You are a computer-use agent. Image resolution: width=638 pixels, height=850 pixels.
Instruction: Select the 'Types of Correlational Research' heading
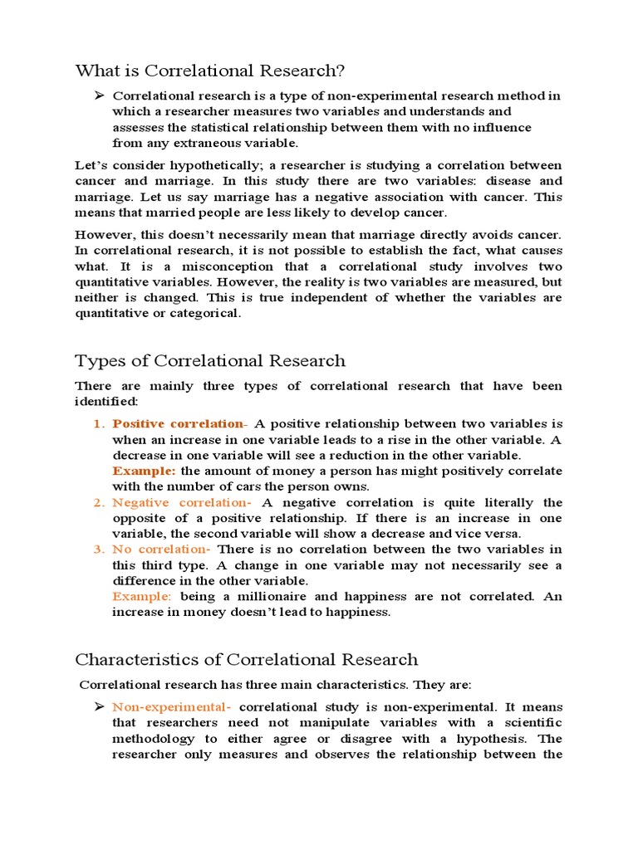tap(210, 360)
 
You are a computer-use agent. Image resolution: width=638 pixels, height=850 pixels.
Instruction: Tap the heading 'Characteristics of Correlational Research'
tap(247, 660)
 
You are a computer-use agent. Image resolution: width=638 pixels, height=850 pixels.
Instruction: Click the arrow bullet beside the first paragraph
tap(98, 95)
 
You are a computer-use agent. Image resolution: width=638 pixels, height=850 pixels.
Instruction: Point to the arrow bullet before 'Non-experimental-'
tap(98, 706)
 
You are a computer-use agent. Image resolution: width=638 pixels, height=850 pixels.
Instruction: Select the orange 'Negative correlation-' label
tap(182, 503)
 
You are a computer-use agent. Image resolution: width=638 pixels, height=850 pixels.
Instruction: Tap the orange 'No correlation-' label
tap(161, 550)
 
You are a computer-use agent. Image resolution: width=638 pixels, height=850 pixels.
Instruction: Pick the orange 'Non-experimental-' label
tap(172, 707)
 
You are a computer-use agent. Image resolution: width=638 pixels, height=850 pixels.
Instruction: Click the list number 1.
tap(97, 424)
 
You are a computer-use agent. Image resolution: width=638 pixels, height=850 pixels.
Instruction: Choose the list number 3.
tap(97, 550)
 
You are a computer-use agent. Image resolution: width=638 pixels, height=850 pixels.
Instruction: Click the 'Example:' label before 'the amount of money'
tap(144, 471)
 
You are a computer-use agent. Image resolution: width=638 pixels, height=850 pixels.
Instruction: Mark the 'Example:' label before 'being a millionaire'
tap(142, 597)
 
